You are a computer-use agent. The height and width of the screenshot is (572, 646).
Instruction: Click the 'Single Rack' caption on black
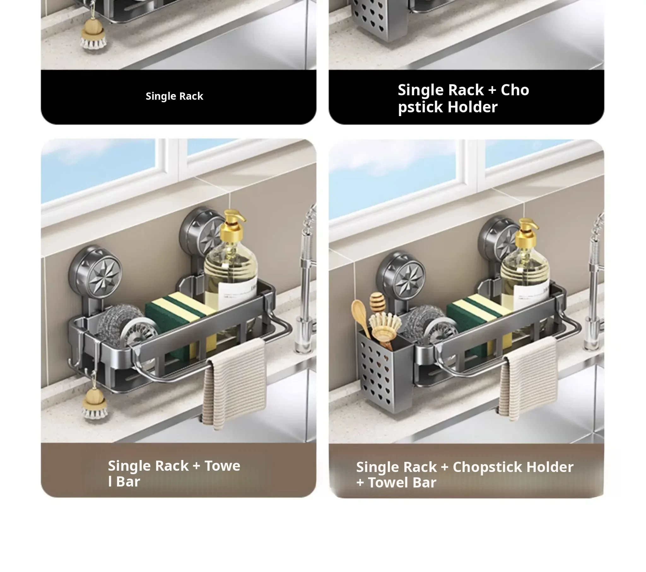tap(174, 96)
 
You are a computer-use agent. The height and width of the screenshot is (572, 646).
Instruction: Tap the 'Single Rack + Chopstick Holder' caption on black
tap(463, 98)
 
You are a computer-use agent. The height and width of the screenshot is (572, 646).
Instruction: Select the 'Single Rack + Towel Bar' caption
tap(174, 473)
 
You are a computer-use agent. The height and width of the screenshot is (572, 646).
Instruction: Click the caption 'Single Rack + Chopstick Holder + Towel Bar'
tap(465, 475)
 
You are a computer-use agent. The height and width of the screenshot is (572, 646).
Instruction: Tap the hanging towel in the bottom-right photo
tap(527, 378)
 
